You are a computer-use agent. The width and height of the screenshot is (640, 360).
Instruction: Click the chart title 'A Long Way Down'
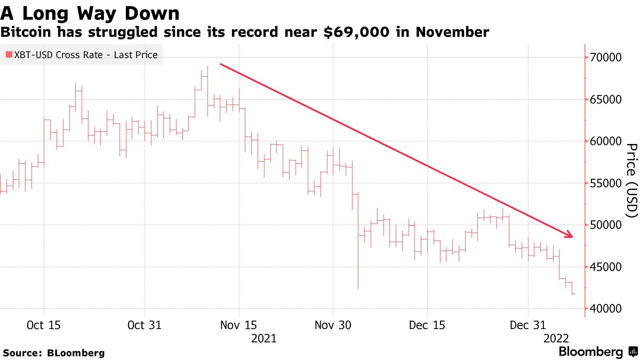(90, 12)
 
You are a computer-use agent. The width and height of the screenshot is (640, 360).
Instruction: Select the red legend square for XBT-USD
(9, 55)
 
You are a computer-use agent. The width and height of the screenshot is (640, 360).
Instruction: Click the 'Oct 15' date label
(43, 325)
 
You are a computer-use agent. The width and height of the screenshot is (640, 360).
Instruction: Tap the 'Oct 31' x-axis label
(144, 325)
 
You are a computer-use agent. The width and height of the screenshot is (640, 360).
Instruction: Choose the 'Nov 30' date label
(333, 325)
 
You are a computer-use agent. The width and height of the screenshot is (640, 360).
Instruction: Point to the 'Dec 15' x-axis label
(427, 325)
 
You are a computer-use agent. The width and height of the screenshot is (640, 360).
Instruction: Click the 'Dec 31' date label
(527, 325)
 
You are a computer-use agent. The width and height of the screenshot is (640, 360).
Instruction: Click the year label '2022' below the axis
(557, 338)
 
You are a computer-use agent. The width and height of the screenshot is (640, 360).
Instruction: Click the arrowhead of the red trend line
(570, 235)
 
